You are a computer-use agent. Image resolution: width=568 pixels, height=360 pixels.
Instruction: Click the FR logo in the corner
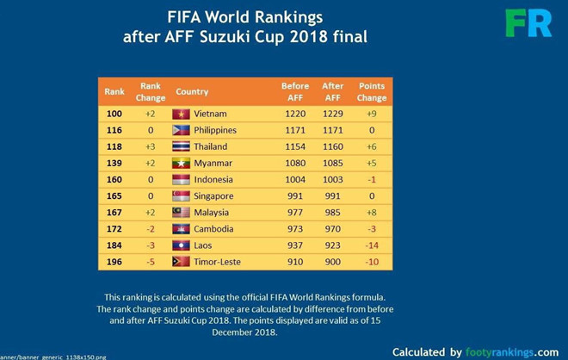coord(528,23)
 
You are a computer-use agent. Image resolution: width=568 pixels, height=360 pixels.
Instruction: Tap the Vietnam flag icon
coord(181,114)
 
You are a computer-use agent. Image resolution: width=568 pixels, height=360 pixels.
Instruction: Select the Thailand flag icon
coord(181,146)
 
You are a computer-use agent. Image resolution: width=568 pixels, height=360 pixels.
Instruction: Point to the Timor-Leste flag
coord(181,262)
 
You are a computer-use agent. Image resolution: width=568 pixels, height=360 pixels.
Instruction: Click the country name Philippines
coord(215,130)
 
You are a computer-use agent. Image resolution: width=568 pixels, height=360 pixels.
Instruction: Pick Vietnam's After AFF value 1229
coord(333,114)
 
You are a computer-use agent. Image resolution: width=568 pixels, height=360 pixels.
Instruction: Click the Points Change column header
coord(372,91)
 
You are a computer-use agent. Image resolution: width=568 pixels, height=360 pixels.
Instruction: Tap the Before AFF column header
coord(295,91)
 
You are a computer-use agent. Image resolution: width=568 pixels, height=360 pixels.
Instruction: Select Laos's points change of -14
coord(372,245)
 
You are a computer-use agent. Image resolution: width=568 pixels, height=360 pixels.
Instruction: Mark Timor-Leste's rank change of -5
coord(150,262)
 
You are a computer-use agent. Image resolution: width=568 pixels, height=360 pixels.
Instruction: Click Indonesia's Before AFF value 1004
coord(295,179)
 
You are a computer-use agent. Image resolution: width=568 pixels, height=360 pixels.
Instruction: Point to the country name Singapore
coord(213,196)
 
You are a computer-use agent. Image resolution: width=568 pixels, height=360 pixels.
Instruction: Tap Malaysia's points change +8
coord(372,213)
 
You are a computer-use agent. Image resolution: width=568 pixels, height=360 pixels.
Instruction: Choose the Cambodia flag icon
coord(181,229)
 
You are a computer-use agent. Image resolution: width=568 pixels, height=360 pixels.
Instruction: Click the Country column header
coord(192,91)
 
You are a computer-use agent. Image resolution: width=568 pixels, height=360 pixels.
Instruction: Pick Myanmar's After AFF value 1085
coord(333,163)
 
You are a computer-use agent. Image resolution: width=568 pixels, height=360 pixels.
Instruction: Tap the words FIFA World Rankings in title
coord(245,16)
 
